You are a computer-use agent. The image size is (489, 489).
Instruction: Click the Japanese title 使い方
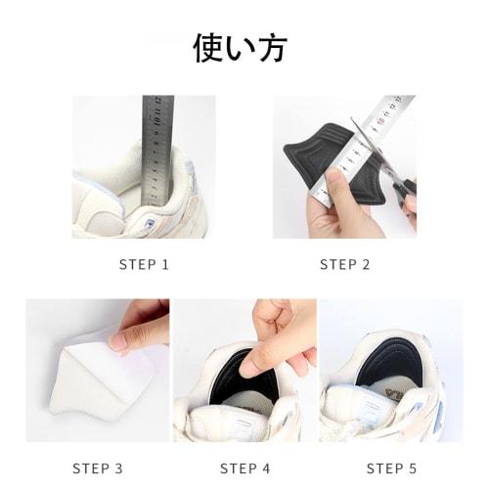point(240,47)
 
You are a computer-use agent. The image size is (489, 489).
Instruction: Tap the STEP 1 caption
point(144,264)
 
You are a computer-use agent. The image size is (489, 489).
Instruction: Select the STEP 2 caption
point(344,264)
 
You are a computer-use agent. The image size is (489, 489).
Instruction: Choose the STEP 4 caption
point(244,467)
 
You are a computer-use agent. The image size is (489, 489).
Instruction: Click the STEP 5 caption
point(391,467)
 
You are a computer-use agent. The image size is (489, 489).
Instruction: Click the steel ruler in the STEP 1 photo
point(156,147)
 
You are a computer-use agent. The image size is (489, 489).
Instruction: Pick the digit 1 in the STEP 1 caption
point(165,264)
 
